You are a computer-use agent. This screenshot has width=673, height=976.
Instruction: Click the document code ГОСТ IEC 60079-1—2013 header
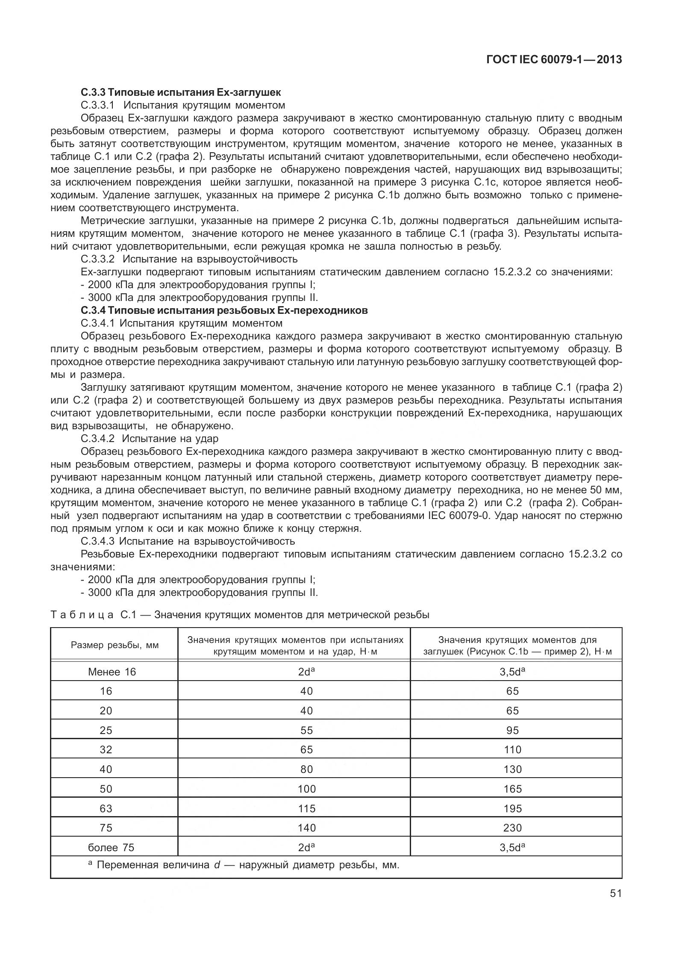[x=554, y=59]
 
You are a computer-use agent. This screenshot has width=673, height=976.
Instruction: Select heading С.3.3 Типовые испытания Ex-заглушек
[x=180, y=92]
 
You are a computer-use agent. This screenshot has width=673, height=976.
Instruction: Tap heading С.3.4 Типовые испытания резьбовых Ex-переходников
[x=224, y=310]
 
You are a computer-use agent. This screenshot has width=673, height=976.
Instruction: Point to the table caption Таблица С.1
[x=239, y=614]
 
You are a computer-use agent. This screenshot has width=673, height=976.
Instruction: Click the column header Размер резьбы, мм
[x=115, y=645]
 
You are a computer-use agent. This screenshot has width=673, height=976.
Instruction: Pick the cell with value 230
[x=512, y=828]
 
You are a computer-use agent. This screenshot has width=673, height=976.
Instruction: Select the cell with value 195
[x=512, y=808]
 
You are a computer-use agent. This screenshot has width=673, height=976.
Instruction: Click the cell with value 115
[x=306, y=808]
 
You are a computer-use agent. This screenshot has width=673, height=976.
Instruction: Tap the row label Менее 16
[x=112, y=672]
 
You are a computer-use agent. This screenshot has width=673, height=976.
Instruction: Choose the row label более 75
[x=111, y=847]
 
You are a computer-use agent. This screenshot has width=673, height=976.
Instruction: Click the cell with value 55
[x=306, y=730]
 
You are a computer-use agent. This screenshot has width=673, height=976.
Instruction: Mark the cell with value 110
[x=512, y=749]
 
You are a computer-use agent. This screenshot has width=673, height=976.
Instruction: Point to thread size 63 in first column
[x=106, y=808]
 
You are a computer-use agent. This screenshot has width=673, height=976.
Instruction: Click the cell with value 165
[x=512, y=788]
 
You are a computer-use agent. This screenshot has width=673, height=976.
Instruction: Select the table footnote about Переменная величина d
[x=244, y=865]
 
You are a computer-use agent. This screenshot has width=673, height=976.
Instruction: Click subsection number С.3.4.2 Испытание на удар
[x=150, y=438]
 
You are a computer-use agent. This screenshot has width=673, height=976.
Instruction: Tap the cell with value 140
[x=306, y=828]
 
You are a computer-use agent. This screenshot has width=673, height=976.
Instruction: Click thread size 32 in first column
[x=106, y=749]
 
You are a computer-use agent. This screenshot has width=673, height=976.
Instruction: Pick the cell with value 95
[x=512, y=730]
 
